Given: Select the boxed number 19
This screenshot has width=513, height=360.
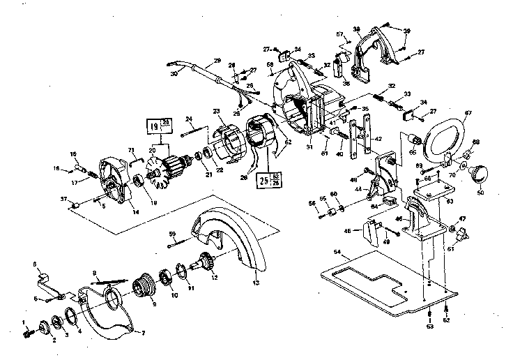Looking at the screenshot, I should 153,127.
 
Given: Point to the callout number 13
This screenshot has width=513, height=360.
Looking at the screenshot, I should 255,283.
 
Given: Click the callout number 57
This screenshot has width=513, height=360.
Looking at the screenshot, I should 340,34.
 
